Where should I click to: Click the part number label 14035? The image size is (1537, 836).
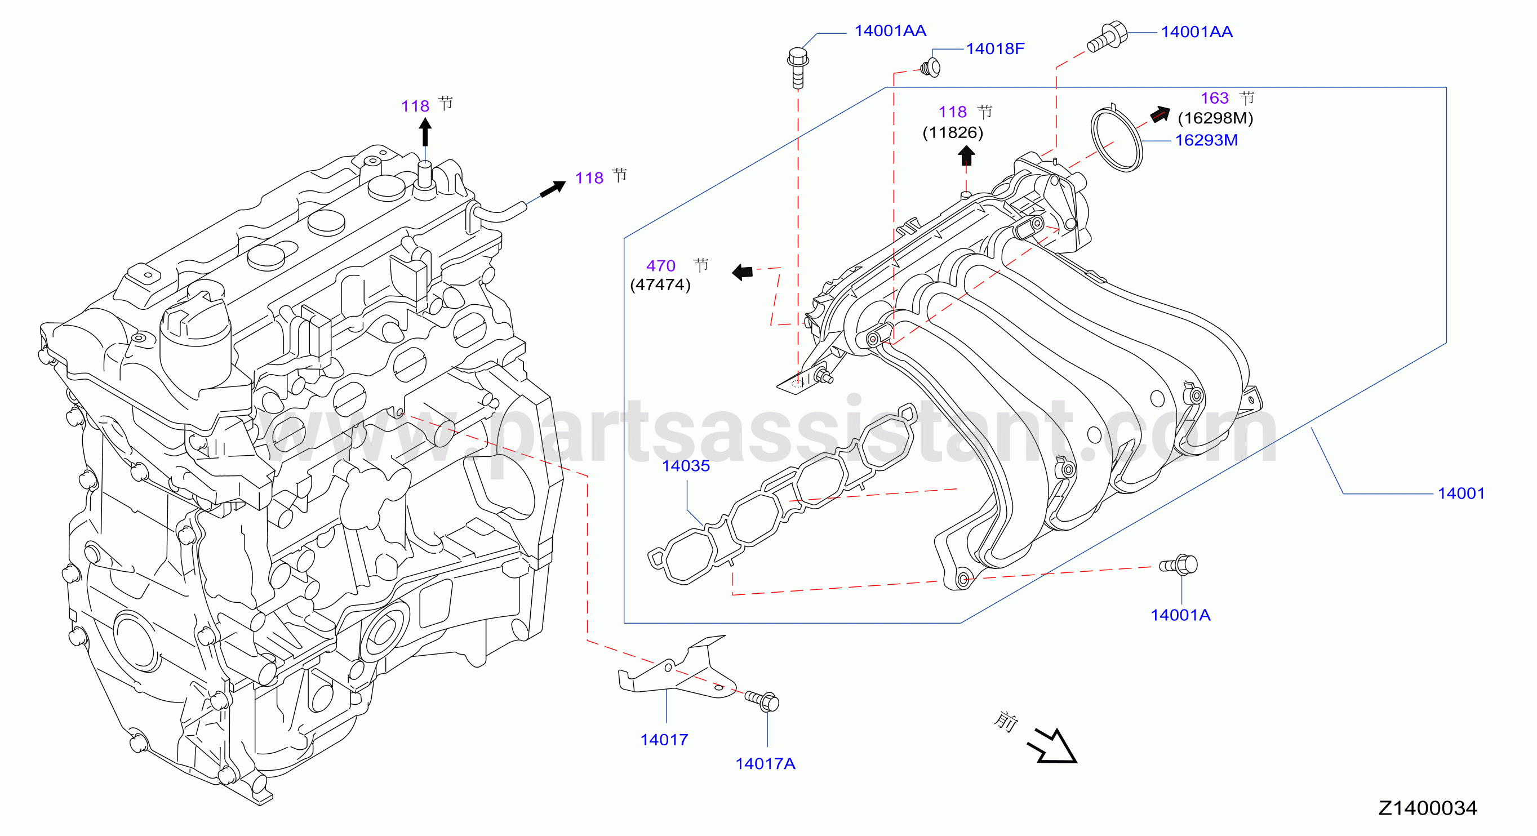pos(686,465)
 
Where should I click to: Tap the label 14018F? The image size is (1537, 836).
pos(994,48)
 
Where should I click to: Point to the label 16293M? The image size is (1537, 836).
pos(1206,140)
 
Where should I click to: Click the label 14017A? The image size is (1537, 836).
pos(765,763)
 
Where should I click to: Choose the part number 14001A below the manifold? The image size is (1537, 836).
pos(1180,615)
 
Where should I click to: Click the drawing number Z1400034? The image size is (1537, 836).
pos(1427,808)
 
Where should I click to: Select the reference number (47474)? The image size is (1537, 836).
pos(660,284)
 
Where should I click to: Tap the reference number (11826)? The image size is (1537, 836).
pos(952,132)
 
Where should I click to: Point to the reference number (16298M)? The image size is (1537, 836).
pos(1215,118)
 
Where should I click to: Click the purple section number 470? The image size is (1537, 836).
pos(660,265)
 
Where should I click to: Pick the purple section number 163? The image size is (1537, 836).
pos(1214,98)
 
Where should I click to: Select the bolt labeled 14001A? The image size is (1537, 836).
pos(1179,565)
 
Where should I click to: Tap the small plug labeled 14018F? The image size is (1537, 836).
pos(930,67)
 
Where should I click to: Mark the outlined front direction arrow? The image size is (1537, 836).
pos(1052,746)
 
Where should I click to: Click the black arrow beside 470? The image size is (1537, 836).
pos(742,272)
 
